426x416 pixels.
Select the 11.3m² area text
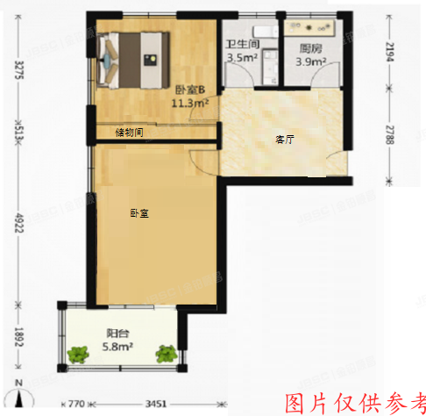(189, 104)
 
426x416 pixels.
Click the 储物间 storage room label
(129, 133)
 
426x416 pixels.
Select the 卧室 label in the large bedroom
(138, 212)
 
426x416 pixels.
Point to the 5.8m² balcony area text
(118, 347)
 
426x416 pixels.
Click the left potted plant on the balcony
(79, 355)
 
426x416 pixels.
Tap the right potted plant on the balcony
(165, 355)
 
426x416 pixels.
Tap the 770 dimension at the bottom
(75, 405)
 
